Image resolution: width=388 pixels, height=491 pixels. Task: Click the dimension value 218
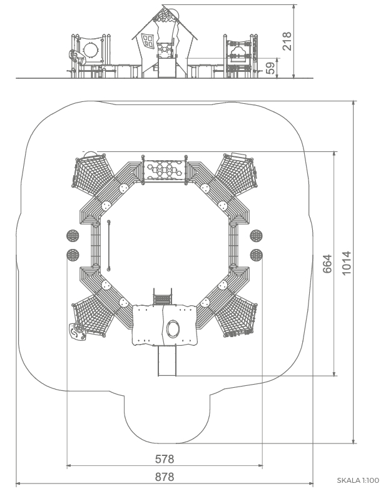coord(287,41)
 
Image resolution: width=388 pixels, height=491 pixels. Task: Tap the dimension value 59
coord(270,68)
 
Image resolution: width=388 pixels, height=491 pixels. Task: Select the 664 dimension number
coord(327,264)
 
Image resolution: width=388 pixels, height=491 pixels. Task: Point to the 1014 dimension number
coord(346,263)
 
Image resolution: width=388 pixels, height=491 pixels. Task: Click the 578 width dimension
coord(165,459)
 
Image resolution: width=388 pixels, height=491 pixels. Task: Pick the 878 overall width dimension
coord(165,477)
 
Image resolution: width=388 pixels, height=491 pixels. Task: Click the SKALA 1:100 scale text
coord(358,480)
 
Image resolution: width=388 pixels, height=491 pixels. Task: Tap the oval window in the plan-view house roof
coord(173,329)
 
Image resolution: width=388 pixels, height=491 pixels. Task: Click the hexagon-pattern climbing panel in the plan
coord(164,170)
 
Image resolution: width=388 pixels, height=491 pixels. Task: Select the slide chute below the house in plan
coord(167,360)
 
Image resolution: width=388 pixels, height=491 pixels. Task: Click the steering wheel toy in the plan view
coord(77,332)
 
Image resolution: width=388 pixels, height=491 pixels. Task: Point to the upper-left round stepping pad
coord(73,235)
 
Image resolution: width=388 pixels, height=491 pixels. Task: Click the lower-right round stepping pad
coord(256,255)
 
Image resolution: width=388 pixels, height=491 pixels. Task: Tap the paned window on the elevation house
coord(148,41)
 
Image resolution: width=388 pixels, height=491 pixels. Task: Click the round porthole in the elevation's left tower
coord(91,50)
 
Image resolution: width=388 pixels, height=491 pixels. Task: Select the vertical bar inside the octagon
coord(109,245)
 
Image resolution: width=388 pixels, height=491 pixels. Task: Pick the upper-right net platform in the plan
coord(237,171)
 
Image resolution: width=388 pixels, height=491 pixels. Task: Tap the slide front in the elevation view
coord(166,68)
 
